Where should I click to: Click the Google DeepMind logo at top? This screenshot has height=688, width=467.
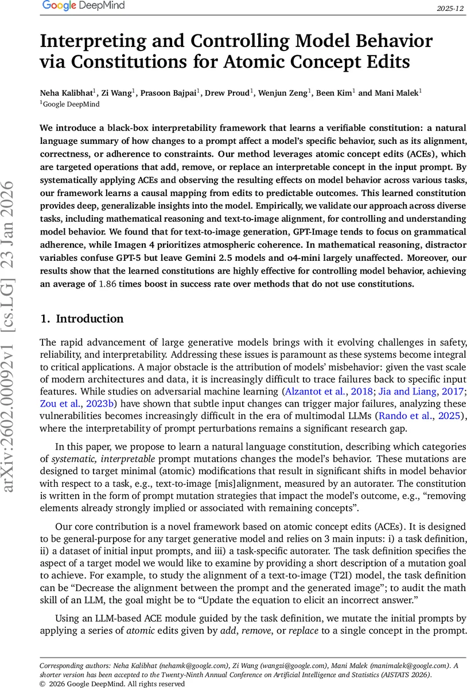[x=83, y=6]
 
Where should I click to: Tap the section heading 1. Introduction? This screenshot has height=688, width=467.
[x=81, y=319]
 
